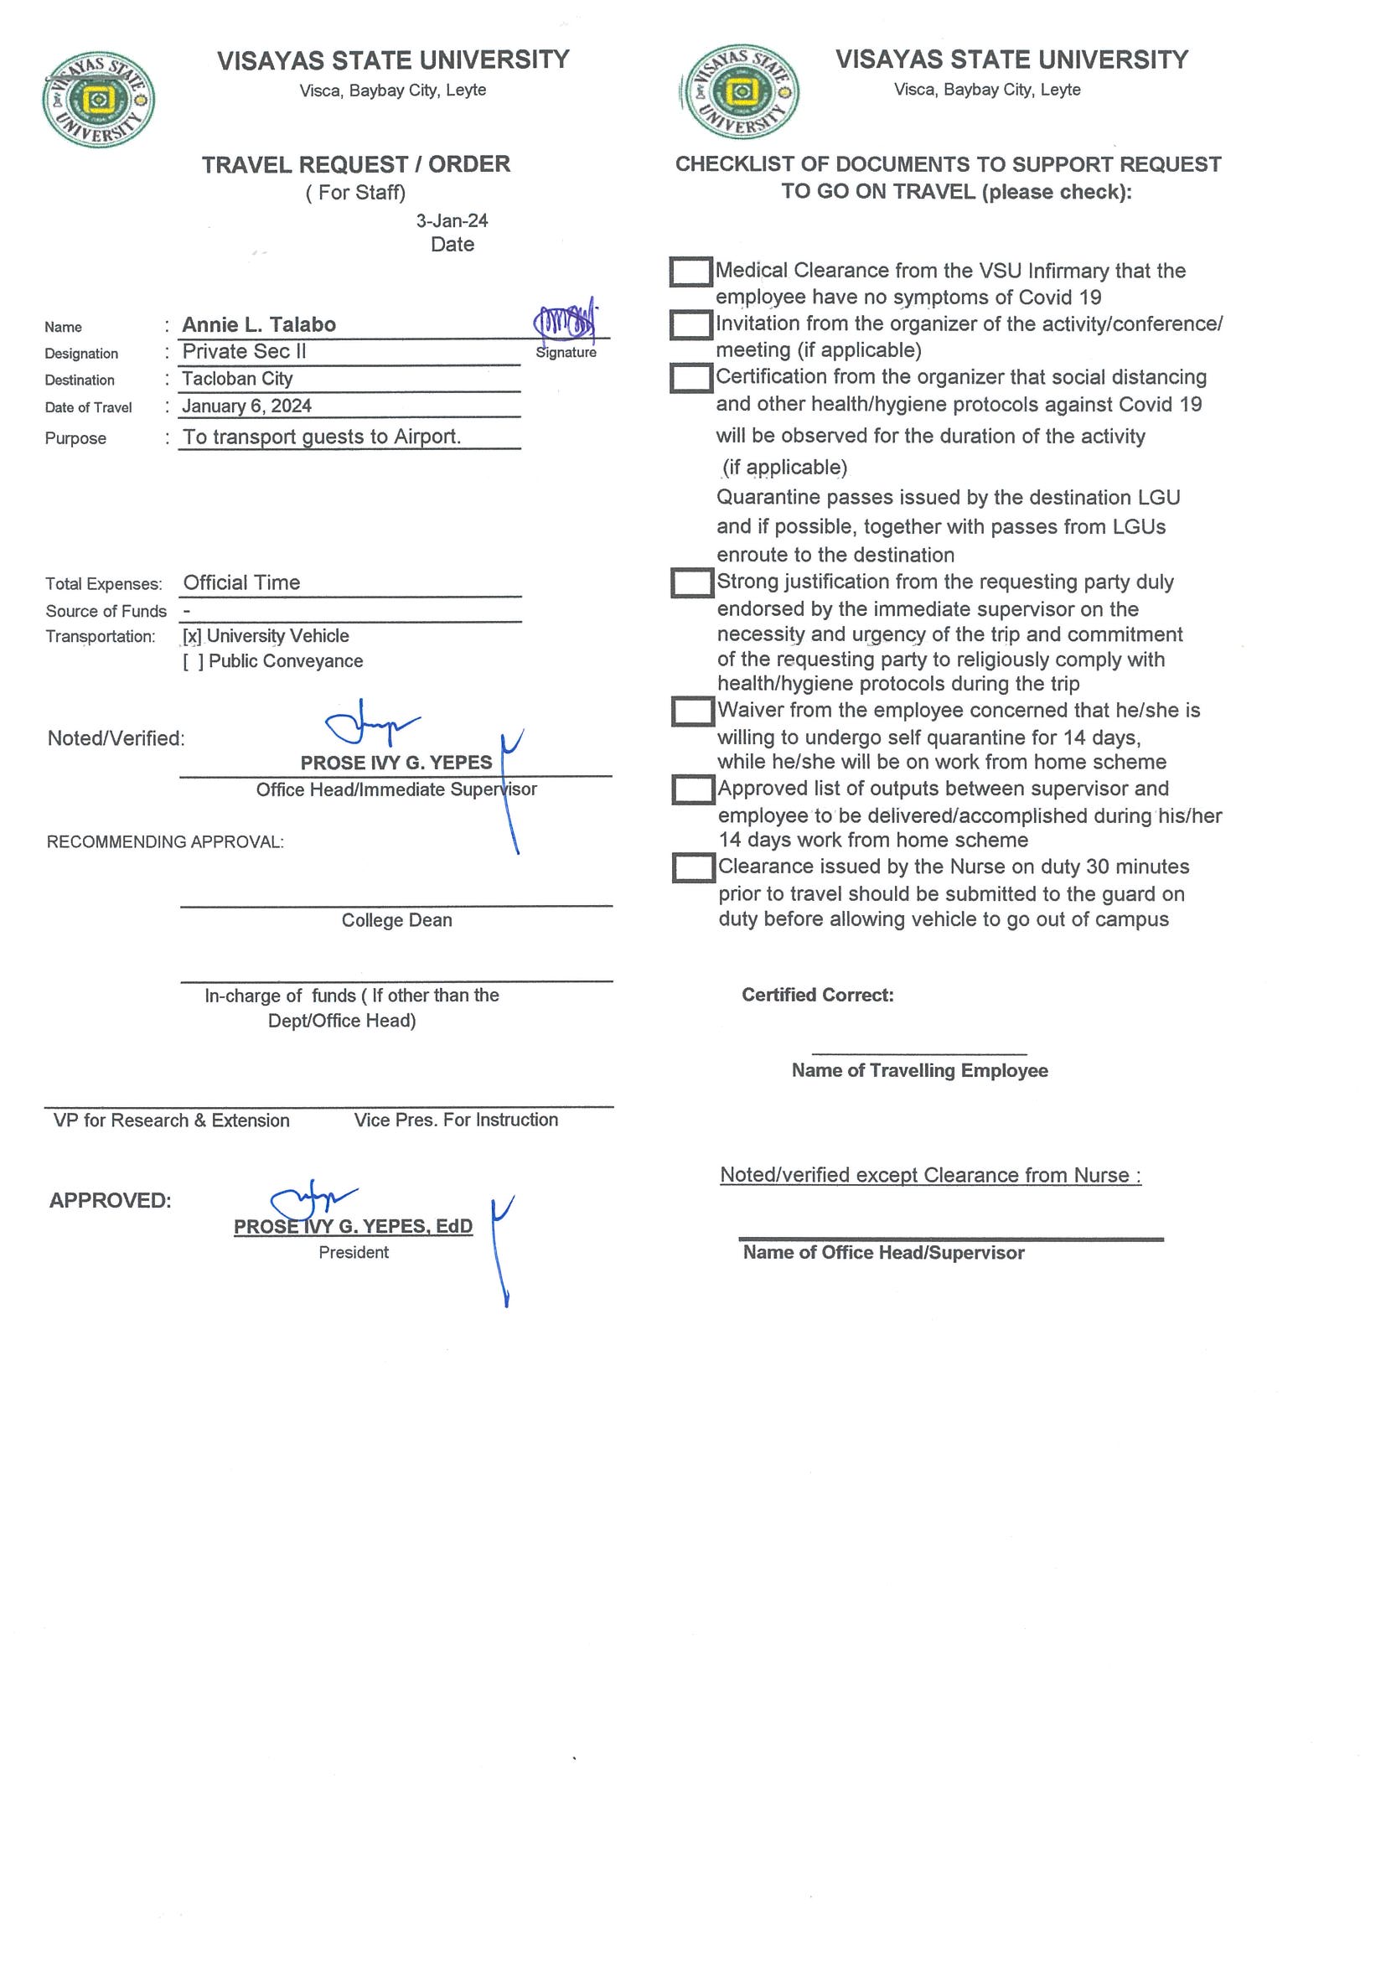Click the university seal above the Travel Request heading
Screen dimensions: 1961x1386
pos(98,99)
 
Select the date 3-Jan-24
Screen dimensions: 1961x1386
pos(452,220)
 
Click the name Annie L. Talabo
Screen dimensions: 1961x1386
pos(259,324)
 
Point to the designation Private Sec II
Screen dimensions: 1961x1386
pos(244,351)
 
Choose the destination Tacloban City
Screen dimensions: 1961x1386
pos(237,378)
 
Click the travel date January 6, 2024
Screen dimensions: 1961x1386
pos(247,406)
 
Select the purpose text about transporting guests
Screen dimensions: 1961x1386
pos(322,437)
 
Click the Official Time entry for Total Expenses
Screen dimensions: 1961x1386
pos(241,582)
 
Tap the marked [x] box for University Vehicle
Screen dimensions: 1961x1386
pos(192,636)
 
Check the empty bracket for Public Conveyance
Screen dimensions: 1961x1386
pos(193,662)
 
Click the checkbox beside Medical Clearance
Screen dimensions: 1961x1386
pos(690,272)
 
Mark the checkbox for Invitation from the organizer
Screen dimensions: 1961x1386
pos(690,324)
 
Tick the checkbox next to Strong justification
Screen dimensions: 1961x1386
pos(691,582)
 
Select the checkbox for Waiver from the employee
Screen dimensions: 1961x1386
pos(691,711)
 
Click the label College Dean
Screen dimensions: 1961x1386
pos(396,920)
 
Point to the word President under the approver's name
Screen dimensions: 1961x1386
pos(354,1252)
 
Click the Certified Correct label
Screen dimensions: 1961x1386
pos(817,994)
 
